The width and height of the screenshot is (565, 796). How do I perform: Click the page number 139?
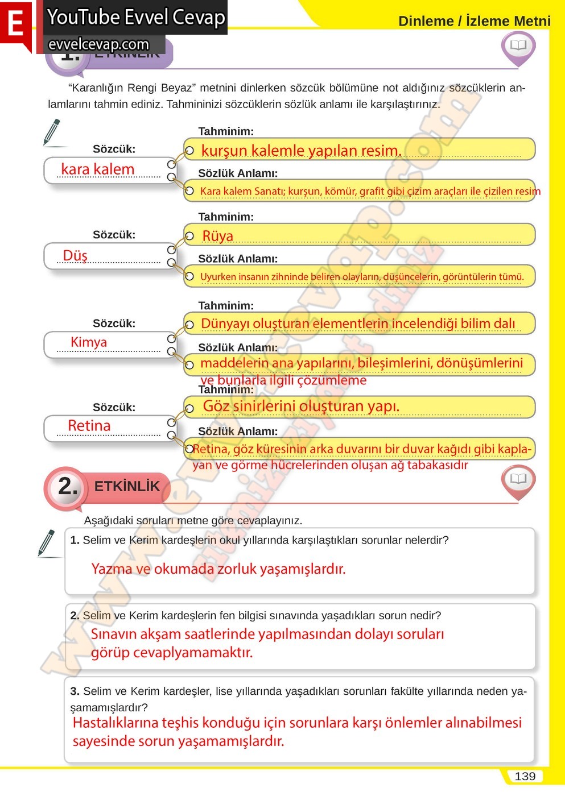(x=525, y=776)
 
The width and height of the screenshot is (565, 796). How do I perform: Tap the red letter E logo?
(x=15, y=25)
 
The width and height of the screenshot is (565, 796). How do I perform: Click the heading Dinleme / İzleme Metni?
(x=474, y=21)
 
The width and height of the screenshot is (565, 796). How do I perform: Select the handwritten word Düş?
(x=75, y=255)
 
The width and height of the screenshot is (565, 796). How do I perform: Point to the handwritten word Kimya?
(x=89, y=342)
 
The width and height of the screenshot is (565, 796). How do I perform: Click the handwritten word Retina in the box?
(x=89, y=425)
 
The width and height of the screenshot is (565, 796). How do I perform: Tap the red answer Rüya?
(x=218, y=236)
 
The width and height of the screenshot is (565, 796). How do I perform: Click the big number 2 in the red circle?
(x=68, y=486)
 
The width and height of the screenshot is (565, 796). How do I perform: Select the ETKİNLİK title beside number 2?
(x=127, y=486)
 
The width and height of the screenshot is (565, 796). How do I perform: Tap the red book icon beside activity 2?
(x=518, y=479)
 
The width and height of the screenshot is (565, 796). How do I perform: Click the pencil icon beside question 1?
(x=47, y=542)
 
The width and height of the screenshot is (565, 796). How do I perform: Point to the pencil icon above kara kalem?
(x=52, y=131)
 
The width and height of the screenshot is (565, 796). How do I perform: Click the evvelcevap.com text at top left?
(x=99, y=44)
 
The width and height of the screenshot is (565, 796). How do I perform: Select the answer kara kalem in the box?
(x=97, y=169)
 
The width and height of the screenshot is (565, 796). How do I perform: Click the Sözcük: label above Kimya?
(x=114, y=323)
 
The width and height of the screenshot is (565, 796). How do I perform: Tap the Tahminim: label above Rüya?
(x=226, y=217)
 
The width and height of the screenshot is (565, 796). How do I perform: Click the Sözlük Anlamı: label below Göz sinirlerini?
(x=238, y=431)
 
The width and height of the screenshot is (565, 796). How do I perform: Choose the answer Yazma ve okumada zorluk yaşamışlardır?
(x=218, y=569)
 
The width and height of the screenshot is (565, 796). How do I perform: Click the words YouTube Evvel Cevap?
(x=136, y=17)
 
